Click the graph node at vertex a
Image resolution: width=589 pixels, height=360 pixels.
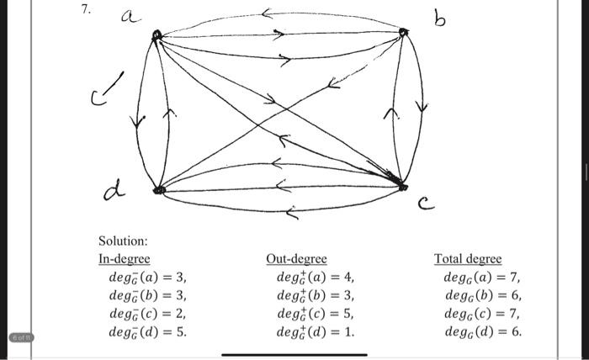pyautogui.click(x=157, y=35)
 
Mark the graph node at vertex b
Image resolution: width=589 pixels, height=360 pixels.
pyautogui.click(x=404, y=33)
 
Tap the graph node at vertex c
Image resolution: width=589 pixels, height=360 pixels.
pyautogui.click(x=403, y=186)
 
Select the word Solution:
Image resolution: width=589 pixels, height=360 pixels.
pyautogui.click(x=123, y=241)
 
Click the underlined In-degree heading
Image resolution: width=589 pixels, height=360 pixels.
pyautogui.click(x=124, y=259)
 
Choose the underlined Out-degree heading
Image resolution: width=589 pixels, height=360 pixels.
pyautogui.click(x=296, y=259)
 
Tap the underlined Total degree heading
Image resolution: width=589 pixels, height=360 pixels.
pyautogui.click(x=468, y=259)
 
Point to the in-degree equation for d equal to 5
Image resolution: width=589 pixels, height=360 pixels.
pyautogui.click(x=147, y=331)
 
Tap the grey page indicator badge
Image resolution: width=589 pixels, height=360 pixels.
pyautogui.click(x=21, y=337)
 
